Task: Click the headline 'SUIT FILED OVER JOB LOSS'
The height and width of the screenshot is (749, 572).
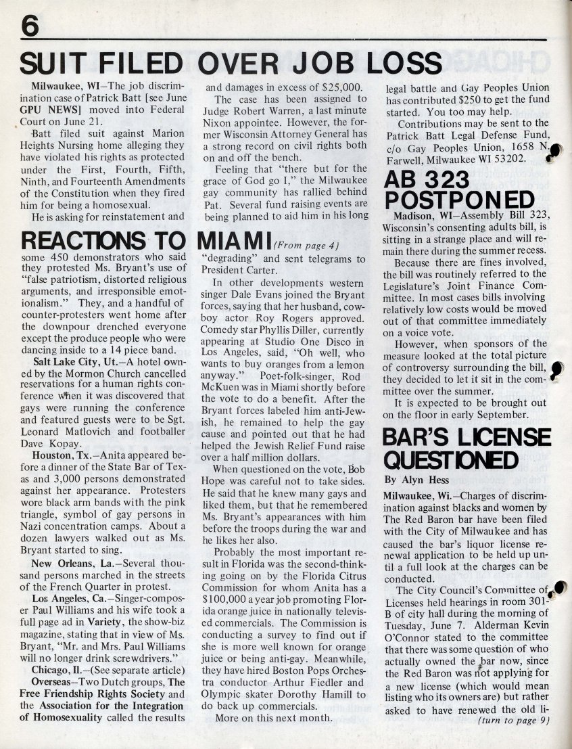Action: pos(231,64)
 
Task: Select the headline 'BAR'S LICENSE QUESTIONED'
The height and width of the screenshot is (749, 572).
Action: pos(467,447)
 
